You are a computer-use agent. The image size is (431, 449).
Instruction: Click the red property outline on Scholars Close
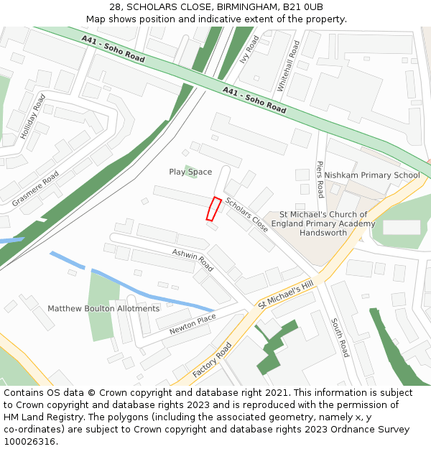click(213, 208)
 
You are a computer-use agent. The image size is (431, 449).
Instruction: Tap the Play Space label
click(190, 172)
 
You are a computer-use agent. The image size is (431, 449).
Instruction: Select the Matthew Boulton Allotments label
click(103, 308)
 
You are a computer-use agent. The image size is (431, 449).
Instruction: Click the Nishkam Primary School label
click(371, 175)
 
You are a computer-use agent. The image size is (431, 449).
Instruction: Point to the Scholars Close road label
click(247, 214)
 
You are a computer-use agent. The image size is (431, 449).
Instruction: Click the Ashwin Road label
click(193, 259)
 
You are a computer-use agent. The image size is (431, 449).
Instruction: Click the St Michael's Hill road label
click(287, 295)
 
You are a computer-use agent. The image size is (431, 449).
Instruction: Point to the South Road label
click(340, 337)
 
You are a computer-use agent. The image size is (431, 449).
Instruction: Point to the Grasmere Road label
click(35, 189)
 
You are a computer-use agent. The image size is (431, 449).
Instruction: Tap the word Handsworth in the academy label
click(327, 233)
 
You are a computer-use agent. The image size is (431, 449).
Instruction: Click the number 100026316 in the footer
click(28, 441)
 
